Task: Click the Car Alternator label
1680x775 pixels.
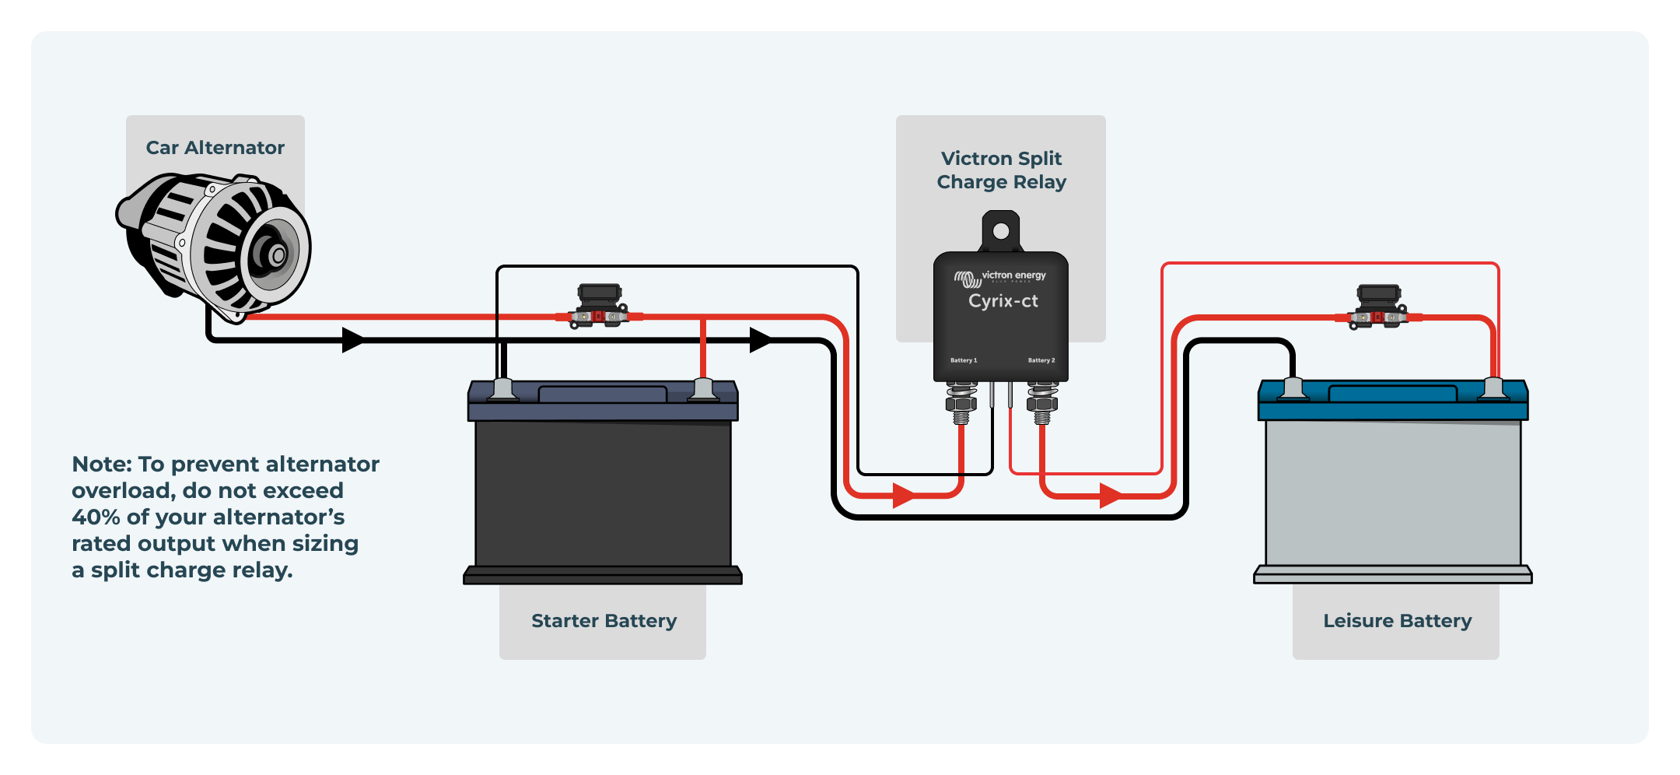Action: coord(215,148)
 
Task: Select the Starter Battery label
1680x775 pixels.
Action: coord(604,621)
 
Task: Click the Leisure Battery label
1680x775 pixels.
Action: coord(1397,621)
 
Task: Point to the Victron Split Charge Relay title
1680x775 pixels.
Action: coord(1001,170)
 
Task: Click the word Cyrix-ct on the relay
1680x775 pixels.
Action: coord(1003,301)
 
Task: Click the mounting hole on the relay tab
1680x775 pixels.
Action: coord(1001,231)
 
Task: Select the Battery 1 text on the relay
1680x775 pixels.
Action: coord(964,360)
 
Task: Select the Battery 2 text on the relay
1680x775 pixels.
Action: coord(1041,360)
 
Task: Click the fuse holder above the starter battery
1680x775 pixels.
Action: coord(599,307)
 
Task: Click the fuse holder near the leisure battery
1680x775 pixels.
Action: coord(1378,307)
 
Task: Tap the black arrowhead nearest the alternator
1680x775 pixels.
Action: coord(354,340)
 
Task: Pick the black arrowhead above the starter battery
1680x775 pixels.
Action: coord(761,340)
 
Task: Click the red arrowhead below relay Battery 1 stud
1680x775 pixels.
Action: coord(904,495)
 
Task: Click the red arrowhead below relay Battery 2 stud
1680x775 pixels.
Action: coord(1111,495)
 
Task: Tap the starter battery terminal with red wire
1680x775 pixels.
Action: coord(703,389)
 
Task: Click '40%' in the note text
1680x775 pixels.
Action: coord(96,517)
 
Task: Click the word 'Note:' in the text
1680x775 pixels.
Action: coord(102,465)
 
